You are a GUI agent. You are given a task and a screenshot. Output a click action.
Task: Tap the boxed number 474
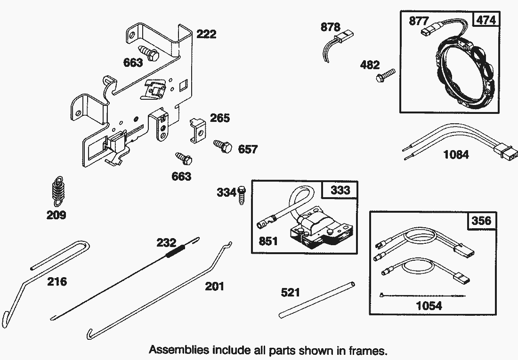pyautogui.click(x=486, y=20)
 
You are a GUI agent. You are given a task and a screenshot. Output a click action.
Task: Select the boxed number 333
pyautogui.click(x=340, y=190)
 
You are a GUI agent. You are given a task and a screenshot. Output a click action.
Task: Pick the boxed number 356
pyautogui.click(x=481, y=221)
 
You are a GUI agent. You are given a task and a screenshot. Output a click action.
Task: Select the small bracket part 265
pyautogui.click(x=198, y=130)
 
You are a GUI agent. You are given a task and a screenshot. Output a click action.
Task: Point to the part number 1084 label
pyautogui.click(x=455, y=154)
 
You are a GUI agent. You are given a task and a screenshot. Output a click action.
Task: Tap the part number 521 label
pyautogui.click(x=290, y=293)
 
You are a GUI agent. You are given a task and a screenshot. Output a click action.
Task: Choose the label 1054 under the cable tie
pyautogui.click(x=429, y=306)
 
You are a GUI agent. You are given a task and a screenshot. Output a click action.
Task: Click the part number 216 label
pyautogui.click(x=57, y=282)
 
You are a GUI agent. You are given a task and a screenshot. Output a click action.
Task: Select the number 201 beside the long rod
pyautogui.click(x=214, y=286)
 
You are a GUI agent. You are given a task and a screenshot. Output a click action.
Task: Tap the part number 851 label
pyautogui.click(x=268, y=241)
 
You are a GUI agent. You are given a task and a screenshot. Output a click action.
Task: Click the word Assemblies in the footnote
pyautogui.click(x=179, y=350)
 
